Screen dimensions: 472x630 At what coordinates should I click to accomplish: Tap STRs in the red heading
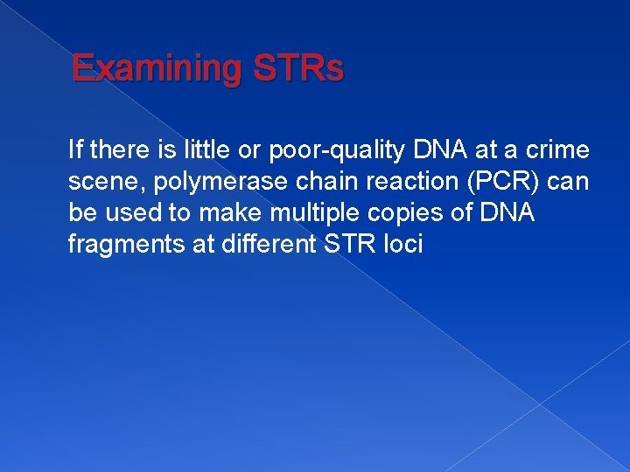(297, 68)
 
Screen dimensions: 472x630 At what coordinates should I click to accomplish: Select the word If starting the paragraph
(75, 150)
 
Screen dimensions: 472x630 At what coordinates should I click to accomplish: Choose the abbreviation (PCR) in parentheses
(513, 182)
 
